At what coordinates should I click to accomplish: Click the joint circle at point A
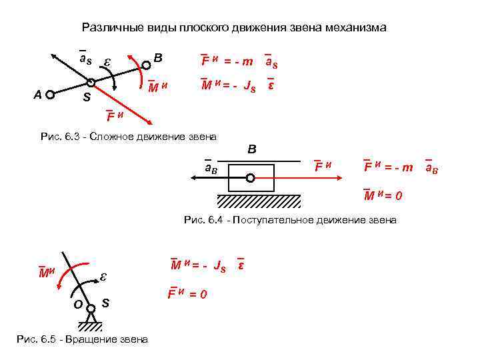pyautogui.click(x=49, y=95)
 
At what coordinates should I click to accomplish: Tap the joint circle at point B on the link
pyautogui.click(x=146, y=65)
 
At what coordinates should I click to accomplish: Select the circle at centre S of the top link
pyautogui.click(x=91, y=83)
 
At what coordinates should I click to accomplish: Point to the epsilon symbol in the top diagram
pyautogui.click(x=107, y=62)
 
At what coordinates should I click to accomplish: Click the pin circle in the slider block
pyautogui.click(x=250, y=178)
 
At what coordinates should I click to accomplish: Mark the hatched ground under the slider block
pyautogui.click(x=259, y=201)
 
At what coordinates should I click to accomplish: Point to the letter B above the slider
pyautogui.click(x=252, y=149)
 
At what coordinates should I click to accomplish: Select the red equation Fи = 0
pyautogui.click(x=187, y=293)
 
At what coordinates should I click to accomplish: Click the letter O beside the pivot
pyautogui.click(x=78, y=304)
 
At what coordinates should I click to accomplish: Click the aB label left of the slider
pyautogui.click(x=215, y=168)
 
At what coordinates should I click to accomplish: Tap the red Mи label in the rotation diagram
pyautogui.click(x=46, y=271)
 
